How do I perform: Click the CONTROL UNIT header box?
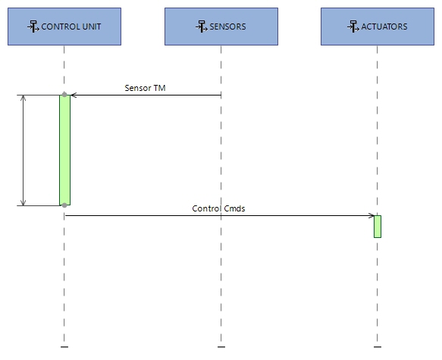64,27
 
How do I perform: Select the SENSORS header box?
221,27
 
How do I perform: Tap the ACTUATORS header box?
377,27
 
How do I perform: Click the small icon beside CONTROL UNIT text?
33,27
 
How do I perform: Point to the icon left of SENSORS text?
201,27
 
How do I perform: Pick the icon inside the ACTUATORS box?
353,27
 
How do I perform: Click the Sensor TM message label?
145,88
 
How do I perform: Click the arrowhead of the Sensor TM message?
73,95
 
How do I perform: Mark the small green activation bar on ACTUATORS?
377,227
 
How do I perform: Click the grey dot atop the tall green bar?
64,95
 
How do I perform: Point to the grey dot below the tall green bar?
64,205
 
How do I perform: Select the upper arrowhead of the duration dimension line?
24,99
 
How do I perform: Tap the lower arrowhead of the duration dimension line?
24,202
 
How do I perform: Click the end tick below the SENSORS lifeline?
221,347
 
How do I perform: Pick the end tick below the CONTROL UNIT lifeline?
64,347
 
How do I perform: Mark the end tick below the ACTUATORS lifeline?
377,347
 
